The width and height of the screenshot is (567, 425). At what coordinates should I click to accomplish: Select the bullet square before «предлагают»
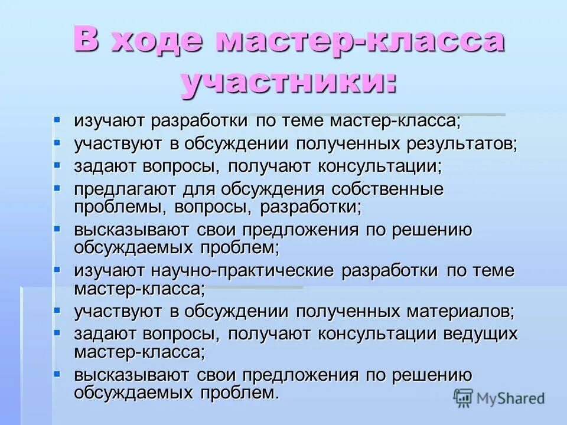[x=57, y=188]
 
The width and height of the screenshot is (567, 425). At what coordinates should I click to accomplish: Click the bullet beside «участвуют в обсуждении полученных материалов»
[x=57, y=309]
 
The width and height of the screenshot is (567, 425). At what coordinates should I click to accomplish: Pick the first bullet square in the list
[x=57, y=120]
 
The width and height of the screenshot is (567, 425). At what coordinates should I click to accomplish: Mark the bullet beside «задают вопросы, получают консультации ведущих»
[x=57, y=332]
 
